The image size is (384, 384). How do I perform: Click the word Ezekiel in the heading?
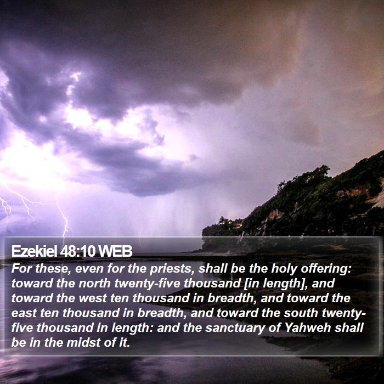34,251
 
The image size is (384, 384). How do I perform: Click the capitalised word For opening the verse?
21,269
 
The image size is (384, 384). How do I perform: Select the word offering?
326,269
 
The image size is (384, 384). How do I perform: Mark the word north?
94,284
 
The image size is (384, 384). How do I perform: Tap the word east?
24,313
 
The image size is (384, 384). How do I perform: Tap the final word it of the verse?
125,343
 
